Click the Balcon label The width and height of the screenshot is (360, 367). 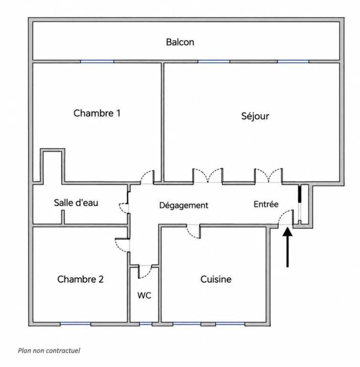pyautogui.click(x=180, y=42)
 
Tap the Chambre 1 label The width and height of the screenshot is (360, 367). pyautogui.click(x=97, y=113)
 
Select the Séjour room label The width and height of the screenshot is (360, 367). pyautogui.click(x=255, y=116)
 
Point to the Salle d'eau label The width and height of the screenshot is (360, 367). pyautogui.click(x=76, y=203)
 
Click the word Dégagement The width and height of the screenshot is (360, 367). pyautogui.click(x=184, y=205)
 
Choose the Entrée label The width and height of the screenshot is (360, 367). pyautogui.click(x=266, y=204)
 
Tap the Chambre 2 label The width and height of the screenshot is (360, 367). pyautogui.click(x=80, y=279)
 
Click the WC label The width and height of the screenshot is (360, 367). pyautogui.click(x=144, y=296)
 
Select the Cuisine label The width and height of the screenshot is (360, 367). pyautogui.click(x=216, y=279)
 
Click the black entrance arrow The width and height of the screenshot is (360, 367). pyautogui.click(x=287, y=247)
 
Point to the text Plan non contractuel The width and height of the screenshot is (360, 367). pyautogui.click(x=49, y=351)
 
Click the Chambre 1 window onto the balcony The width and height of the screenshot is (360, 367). pyautogui.click(x=97, y=62)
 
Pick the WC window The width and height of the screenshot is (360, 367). pyautogui.click(x=146, y=324)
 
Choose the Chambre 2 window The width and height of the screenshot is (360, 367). pyautogui.click(x=75, y=324)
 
